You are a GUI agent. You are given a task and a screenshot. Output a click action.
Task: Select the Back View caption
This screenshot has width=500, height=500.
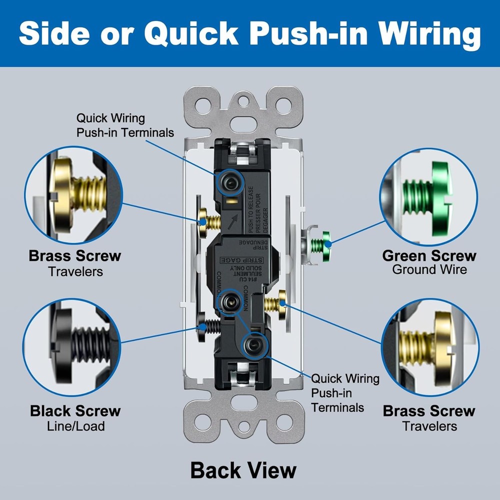click(243, 470)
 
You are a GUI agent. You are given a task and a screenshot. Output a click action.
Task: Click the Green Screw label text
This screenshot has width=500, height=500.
click(429, 256)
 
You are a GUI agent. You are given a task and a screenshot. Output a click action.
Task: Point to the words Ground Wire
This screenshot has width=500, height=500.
click(429, 270)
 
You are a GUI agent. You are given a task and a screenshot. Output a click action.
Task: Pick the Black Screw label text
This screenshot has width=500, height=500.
click(75, 411)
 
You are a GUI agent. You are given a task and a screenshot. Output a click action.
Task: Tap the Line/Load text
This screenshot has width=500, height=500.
click(75, 426)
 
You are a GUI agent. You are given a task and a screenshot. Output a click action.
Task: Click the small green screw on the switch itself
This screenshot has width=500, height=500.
click(320, 244)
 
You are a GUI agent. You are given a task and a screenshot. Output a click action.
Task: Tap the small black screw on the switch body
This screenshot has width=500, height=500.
click(207, 326)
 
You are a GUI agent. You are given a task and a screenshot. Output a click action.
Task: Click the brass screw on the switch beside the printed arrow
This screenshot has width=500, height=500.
click(207, 221)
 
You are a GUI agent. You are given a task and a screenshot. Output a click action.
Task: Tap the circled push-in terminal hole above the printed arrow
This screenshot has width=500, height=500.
click(229, 183)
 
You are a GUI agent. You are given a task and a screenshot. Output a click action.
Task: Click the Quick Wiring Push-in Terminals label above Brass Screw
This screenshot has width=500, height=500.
click(125, 125)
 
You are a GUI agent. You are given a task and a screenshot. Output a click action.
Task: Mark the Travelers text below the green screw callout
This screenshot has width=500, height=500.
click(429, 426)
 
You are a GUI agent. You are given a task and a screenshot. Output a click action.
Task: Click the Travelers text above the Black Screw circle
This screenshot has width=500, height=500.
click(75, 271)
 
